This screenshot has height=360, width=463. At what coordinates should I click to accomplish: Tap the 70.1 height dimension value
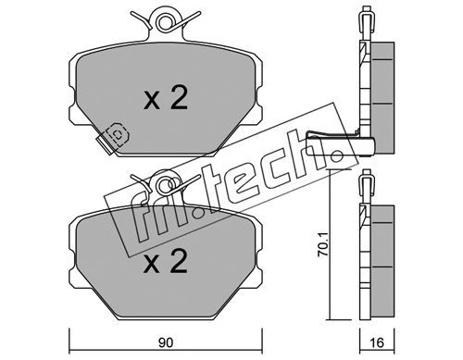[323, 245]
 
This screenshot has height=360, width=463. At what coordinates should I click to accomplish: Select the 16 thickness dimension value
[377, 342]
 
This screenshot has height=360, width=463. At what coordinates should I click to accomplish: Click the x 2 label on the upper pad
[166, 98]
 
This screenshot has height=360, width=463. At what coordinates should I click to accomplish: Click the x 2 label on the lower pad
[166, 261]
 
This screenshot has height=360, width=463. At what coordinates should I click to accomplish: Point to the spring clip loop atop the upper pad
[163, 21]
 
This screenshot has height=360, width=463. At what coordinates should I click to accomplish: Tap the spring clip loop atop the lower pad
[163, 184]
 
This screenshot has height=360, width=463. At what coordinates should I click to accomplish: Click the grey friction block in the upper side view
[382, 98]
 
